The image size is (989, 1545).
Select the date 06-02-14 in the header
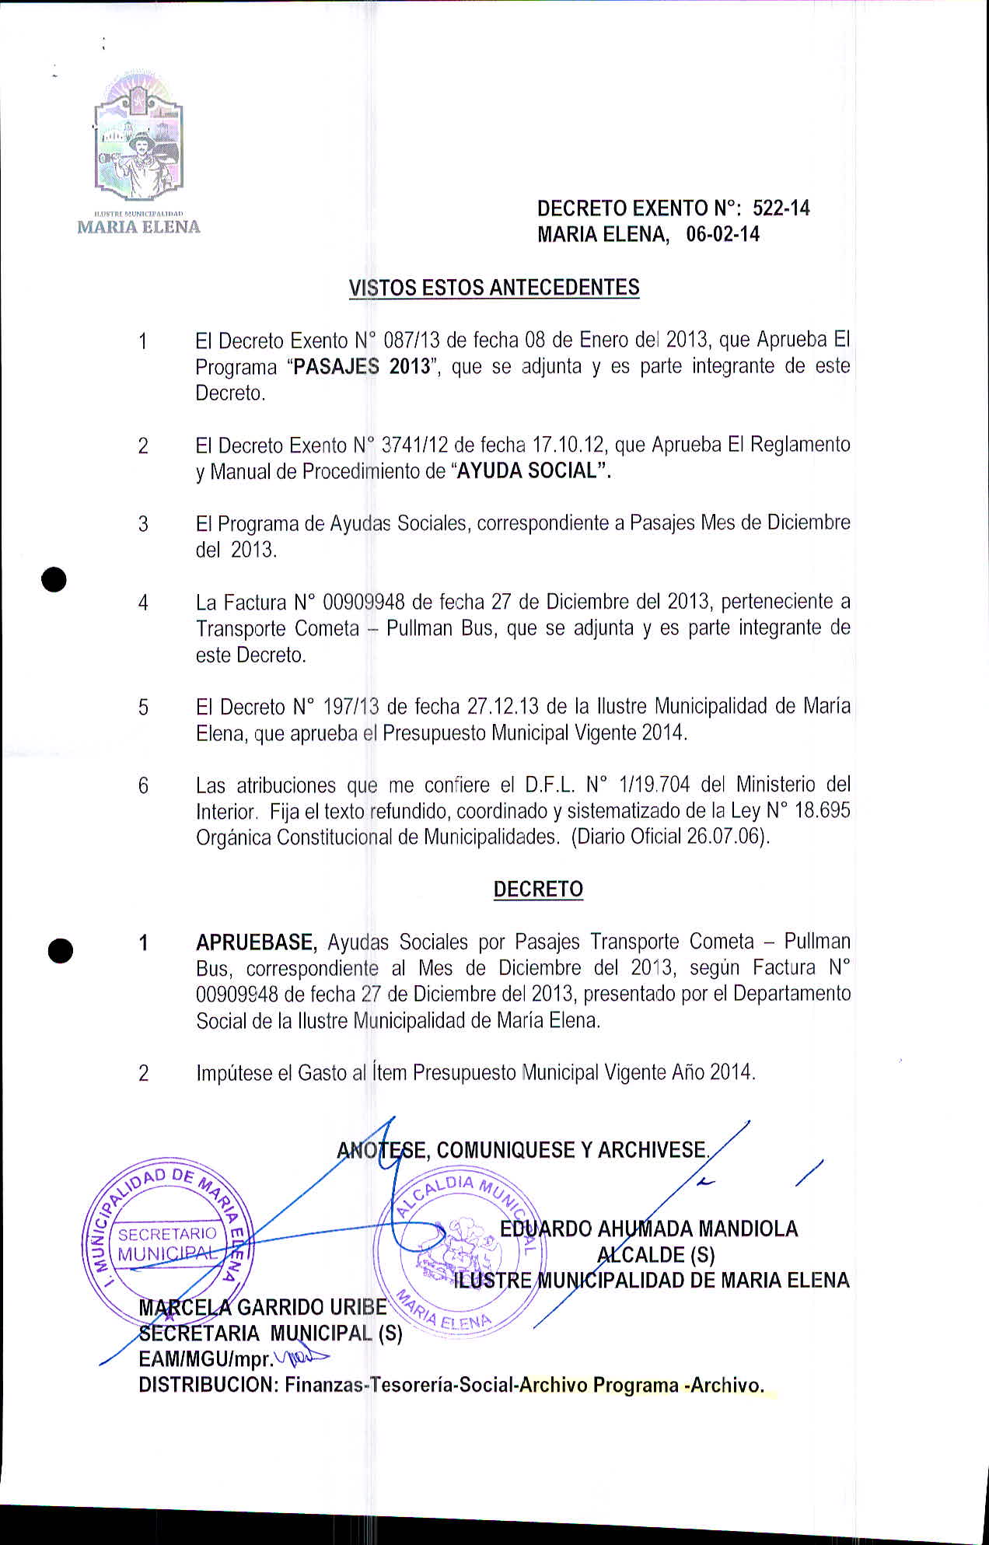[722, 235]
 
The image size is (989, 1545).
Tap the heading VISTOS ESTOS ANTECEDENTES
[494, 288]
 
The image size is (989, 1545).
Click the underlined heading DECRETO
[538, 890]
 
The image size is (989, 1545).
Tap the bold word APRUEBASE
[256, 942]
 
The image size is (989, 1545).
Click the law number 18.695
[822, 811]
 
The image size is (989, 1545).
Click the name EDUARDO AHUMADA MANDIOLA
[648, 1229]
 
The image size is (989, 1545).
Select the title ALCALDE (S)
[655, 1254]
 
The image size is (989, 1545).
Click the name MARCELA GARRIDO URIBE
[262, 1307]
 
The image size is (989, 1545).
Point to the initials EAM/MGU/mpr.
[205, 1359]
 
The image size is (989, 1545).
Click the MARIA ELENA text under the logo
[138, 227]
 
